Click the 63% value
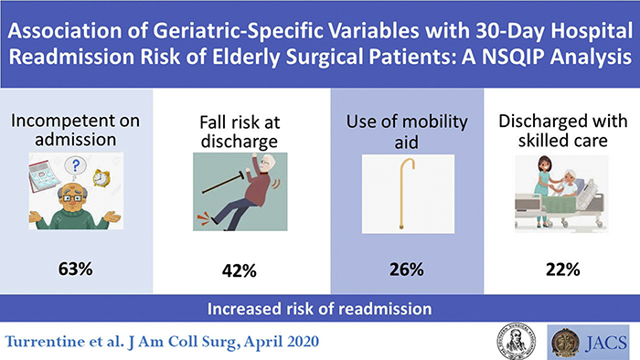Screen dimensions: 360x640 pyautogui.click(x=80, y=270)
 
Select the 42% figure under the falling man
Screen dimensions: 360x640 pyautogui.click(x=240, y=270)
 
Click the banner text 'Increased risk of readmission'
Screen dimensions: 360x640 pyautogui.click(x=319, y=305)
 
